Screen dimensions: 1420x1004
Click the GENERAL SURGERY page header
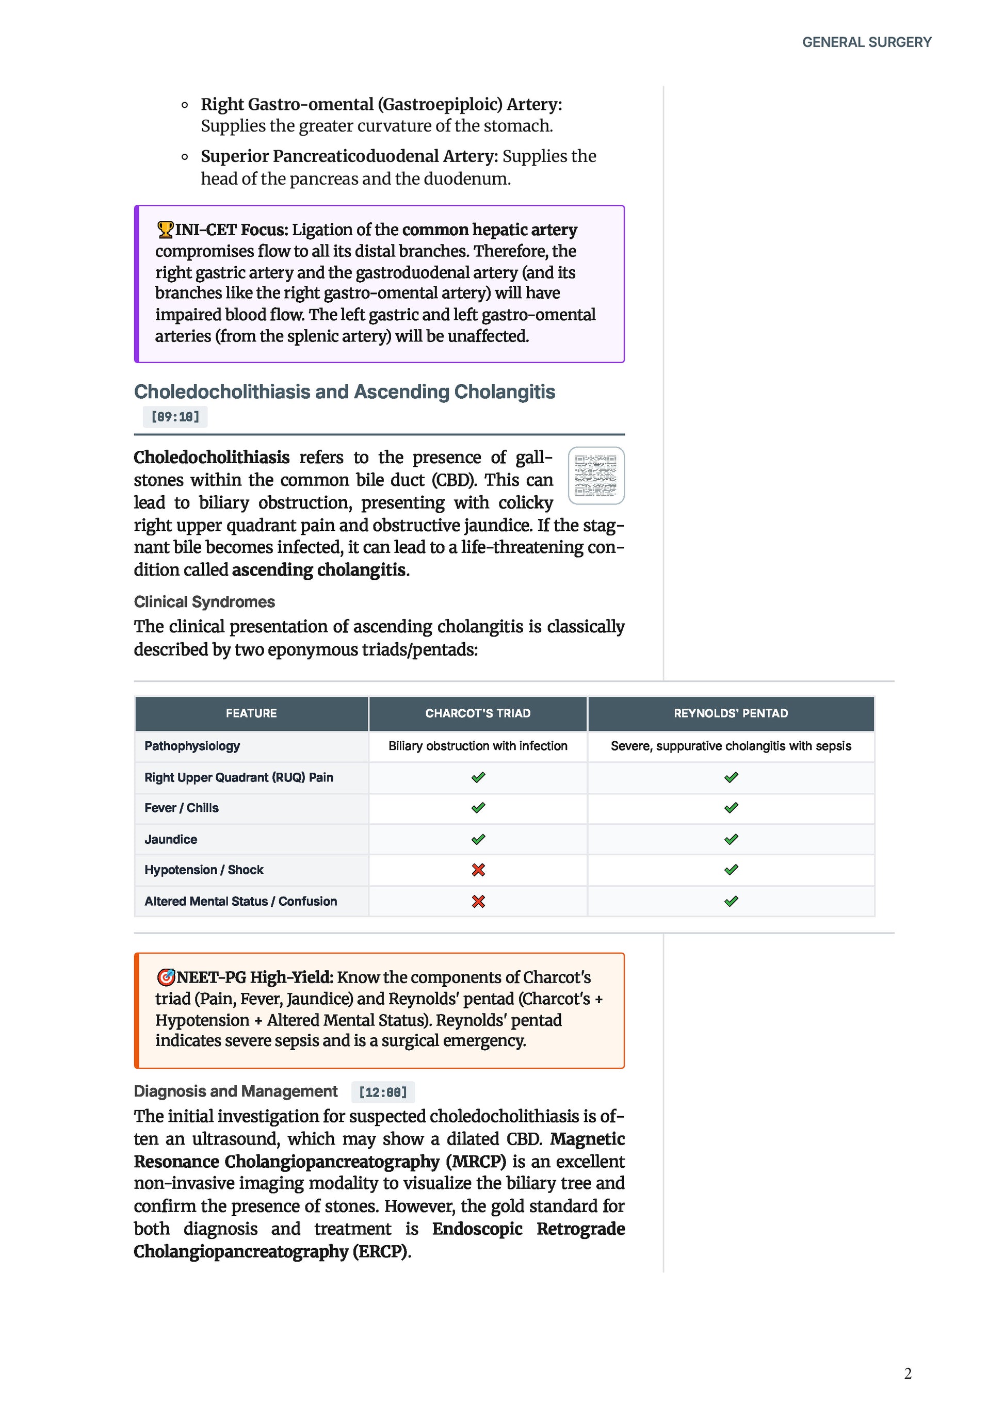coord(866,42)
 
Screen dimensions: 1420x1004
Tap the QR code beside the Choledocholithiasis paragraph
coord(596,475)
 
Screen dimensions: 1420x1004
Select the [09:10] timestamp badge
coord(175,417)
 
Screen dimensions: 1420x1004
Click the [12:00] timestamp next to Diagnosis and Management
coord(383,1092)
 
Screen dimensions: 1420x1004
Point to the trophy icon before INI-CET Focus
coord(165,230)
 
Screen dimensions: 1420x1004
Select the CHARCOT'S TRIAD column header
coord(478,713)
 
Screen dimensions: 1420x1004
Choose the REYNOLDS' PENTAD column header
coord(731,713)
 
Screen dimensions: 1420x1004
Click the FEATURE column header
coord(251,713)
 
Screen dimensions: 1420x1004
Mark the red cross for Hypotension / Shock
coord(478,870)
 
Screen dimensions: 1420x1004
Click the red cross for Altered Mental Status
coord(478,902)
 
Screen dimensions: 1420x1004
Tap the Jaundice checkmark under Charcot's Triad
coord(478,839)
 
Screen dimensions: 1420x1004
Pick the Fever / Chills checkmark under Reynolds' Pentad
coord(731,808)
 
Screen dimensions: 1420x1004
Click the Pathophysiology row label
coord(192,746)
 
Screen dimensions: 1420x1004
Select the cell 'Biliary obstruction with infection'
coord(478,746)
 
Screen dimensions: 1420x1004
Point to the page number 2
coord(908,1374)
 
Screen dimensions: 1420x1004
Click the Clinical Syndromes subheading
coord(204,602)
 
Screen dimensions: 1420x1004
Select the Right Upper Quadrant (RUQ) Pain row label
coord(239,777)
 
